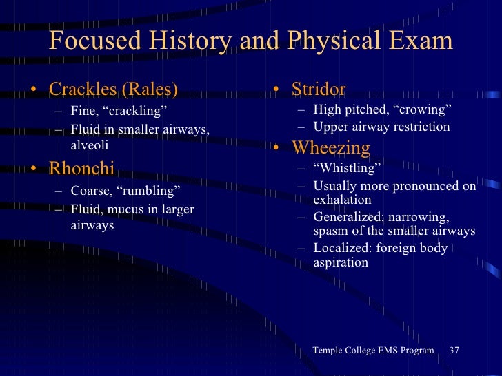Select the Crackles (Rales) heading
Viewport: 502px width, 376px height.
click(x=113, y=90)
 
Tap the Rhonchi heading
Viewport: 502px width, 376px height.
click(x=81, y=169)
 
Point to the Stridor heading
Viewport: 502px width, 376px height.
click(x=318, y=90)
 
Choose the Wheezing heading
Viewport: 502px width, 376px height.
click(x=331, y=147)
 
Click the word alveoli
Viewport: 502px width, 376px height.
click(x=90, y=145)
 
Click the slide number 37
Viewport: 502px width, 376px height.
click(x=454, y=351)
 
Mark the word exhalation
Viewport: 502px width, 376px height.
click(x=342, y=200)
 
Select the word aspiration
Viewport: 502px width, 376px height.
click(x=341, y=262)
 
